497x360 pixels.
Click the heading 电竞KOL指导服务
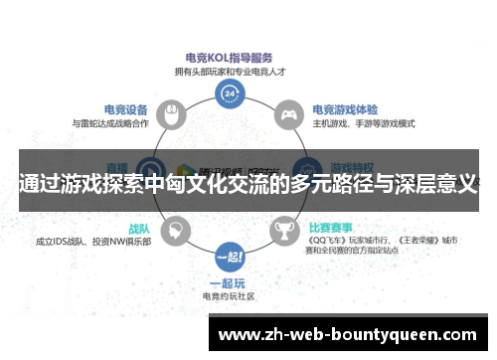coord(230,58)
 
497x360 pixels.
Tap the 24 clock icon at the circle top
coord(231,94)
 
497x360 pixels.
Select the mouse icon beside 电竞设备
coord(170,116)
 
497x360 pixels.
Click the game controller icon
coord(288,116)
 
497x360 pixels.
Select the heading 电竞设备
coord(125,109)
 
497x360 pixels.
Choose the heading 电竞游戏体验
coord(346,109)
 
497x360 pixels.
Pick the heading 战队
coord(138,227)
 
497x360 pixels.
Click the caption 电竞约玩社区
coord(230,295)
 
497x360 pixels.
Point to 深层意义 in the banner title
coord(437,183)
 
